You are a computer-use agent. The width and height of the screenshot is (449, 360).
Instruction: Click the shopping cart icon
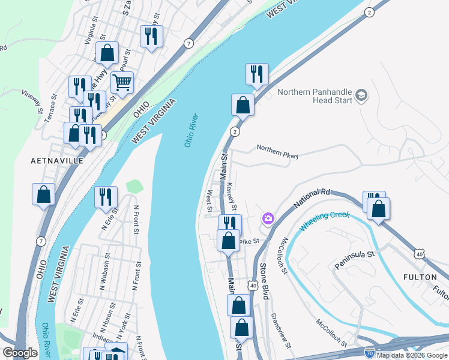(x=122, y=83)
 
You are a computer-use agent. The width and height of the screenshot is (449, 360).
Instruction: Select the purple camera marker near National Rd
(x=268, y=219)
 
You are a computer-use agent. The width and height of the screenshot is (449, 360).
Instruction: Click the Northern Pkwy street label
(x=277, y=151)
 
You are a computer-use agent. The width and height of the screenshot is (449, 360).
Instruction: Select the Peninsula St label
(x=354, y=259)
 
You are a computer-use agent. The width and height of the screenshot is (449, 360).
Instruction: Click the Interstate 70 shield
(x=367, y=355)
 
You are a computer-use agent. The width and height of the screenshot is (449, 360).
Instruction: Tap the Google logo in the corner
(x=20, y=353)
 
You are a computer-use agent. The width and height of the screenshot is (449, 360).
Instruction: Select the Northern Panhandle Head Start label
(x=315, y=96)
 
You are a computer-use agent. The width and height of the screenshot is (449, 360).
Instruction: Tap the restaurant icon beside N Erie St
(x=106, y=197)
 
